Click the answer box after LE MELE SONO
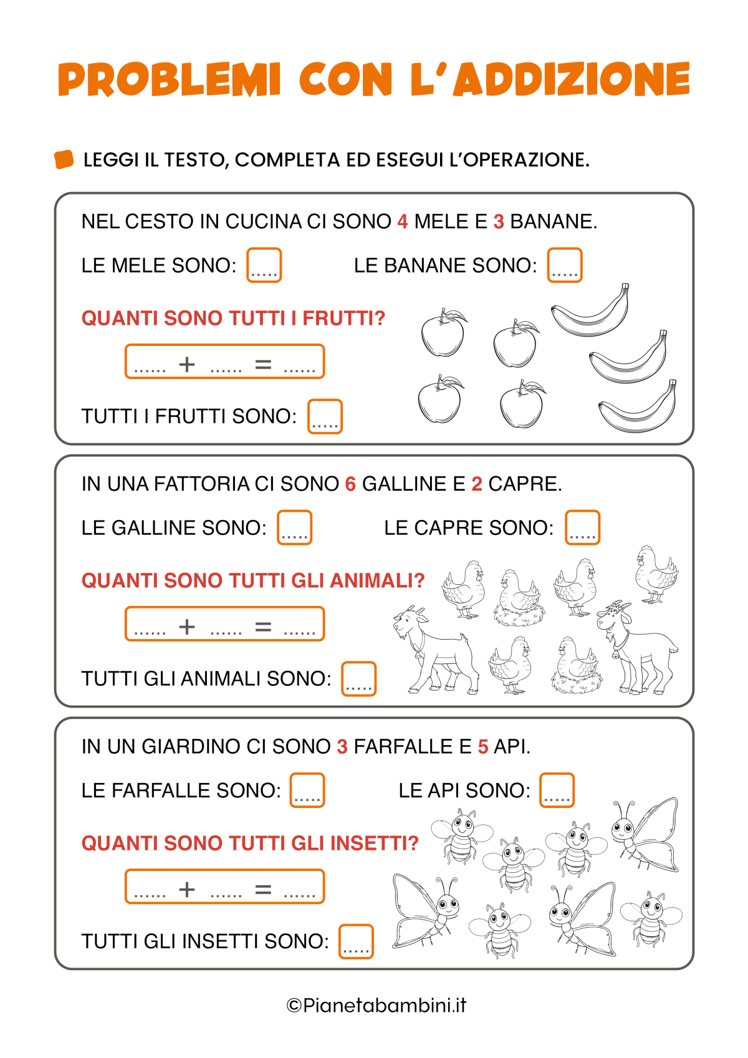click(264, 265)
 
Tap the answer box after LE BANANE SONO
click(565, 265)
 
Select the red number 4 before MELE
click(403, 221)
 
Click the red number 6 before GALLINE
click(350, 484)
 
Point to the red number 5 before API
click(483, 746)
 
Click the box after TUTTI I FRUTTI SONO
click(325, 416)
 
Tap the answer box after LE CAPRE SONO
click(582, 527)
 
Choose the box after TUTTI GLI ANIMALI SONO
click(358, 679)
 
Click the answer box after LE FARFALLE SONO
click(307, 790)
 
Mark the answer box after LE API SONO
click(557, 790)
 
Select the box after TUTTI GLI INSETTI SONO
click(356, 941)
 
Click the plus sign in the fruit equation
click(187, 363)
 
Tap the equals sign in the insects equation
click(264, 889)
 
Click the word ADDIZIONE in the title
click(572, 80)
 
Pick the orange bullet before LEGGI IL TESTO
click(64, 160)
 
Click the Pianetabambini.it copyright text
click(376, 1005)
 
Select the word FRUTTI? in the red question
click(344, 318)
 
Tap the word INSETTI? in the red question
click(374, 843)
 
